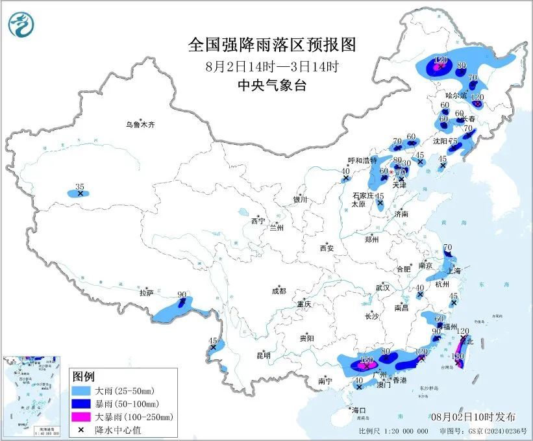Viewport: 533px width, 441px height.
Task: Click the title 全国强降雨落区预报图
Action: click(x=272, y=45)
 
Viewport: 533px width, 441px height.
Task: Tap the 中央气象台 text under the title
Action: click(x=272, y=86)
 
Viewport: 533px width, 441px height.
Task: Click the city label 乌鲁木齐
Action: click(x=141, y=124)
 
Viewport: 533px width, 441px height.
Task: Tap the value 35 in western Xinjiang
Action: click(x=80, y=186)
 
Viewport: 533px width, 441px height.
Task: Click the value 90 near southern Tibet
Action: click(x=182, y=294)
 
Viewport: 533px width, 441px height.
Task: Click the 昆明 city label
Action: click(x=263, y=355)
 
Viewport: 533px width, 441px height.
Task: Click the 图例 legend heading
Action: click(x=83, y=377)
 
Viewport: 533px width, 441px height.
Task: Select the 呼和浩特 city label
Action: click(x=362, y=160)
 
